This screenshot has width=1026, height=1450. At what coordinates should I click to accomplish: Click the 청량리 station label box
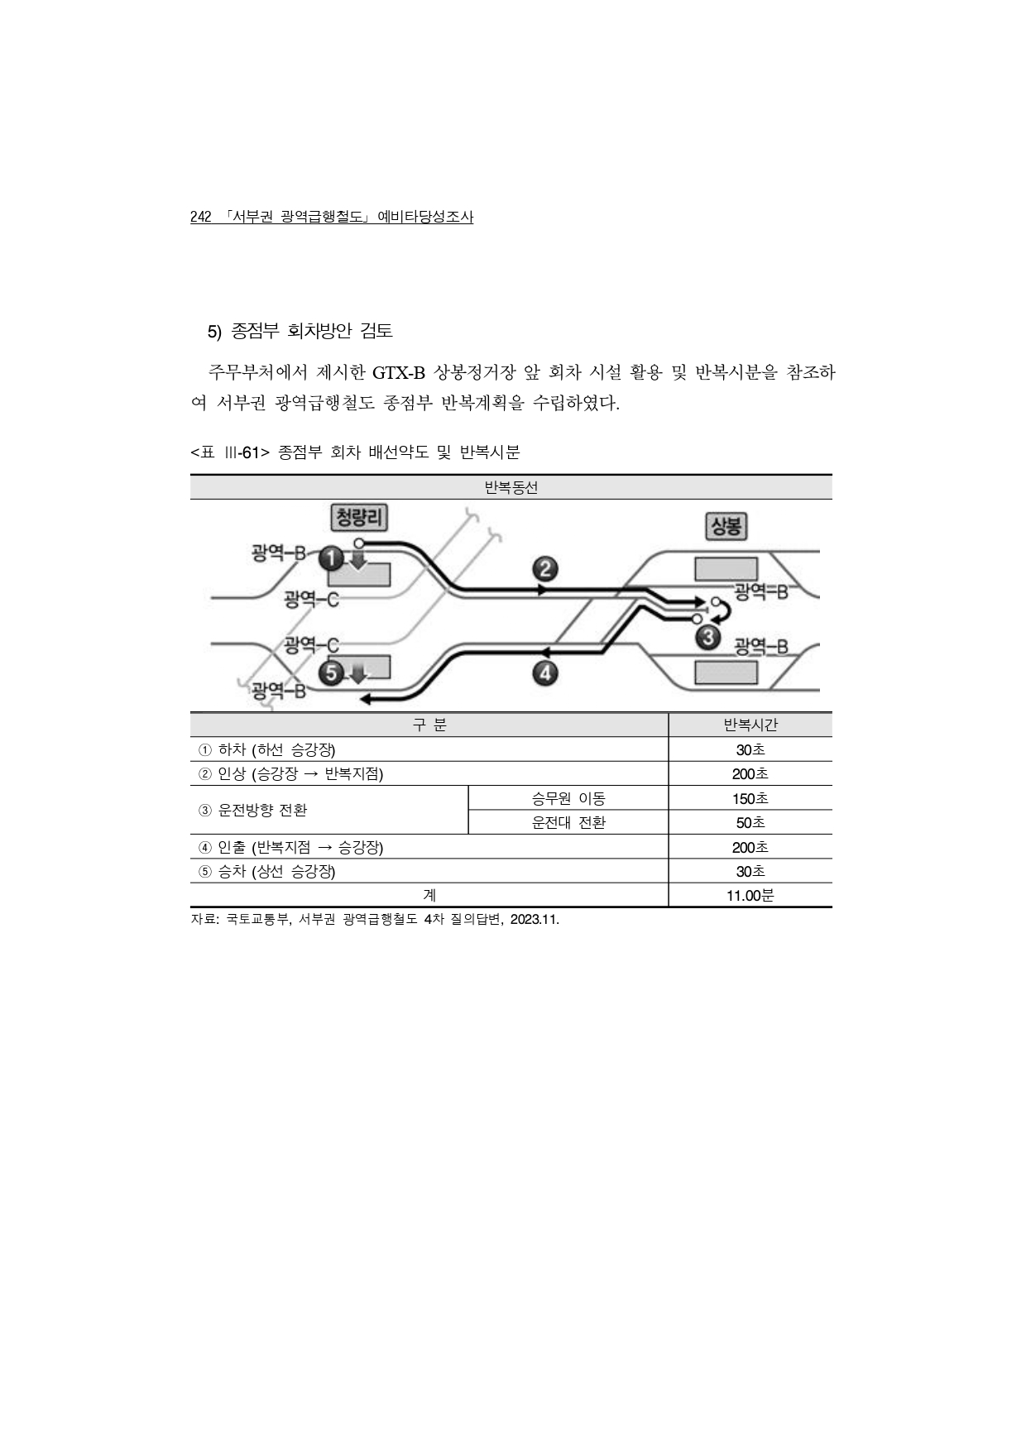click(x=358, y=519)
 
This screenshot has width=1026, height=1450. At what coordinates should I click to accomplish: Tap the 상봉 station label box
click(x=726, y=526)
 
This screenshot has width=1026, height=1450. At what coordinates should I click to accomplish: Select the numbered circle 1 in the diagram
click(x=331, y=559)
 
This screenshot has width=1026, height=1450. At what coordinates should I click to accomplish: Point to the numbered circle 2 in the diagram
click(x=544, y=569)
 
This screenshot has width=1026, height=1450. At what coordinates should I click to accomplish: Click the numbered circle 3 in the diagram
click(x=707, y=638)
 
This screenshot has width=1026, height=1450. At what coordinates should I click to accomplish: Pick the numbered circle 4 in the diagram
click(x=544, y=673)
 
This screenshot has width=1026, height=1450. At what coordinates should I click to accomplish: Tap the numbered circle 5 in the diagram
click(x=331, y=673)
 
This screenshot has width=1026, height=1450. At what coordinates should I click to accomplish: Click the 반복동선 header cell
click(x=511, y=488)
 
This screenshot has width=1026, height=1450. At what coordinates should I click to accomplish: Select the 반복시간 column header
click(x=750, y=725)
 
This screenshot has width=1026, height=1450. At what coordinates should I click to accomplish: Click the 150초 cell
click(x=750, y=799)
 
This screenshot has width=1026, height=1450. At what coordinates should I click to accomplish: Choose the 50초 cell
click(x=750, y=823)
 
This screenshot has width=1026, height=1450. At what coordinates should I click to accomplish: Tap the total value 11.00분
click(x=750, y=896)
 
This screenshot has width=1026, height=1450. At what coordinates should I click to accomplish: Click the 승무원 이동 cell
click(x=568, y=799)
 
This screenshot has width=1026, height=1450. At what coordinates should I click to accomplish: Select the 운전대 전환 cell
click(x=568, y=823)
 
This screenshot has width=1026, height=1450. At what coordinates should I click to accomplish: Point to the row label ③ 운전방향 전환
click(x=253, y=811)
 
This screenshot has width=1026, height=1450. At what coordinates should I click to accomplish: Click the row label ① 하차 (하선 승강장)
click(x=267, y=750)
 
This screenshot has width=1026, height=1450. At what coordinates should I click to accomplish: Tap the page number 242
click(x=201, y=218)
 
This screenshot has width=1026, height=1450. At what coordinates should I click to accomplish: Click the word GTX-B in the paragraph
click(x=398, y=373)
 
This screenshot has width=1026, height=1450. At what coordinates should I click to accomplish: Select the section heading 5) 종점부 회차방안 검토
click(x=300, y=332)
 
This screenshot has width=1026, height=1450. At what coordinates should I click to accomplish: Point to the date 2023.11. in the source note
click(x=535, y=920)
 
